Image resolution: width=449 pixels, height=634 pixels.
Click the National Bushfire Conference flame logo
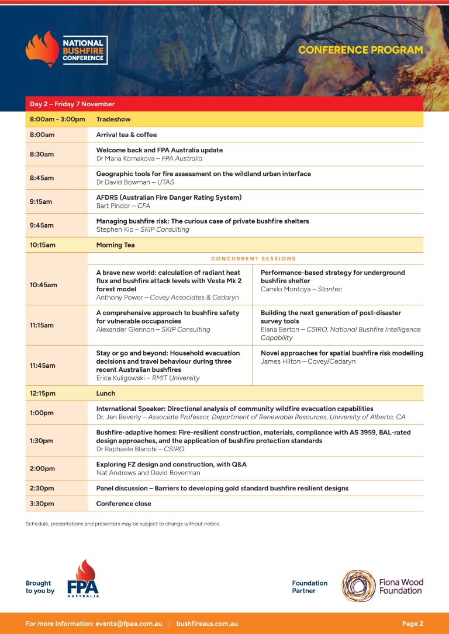pyautogui.click(x=42, y=49)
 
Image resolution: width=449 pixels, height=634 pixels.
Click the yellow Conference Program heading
pyautogui.click(x=360, y=50)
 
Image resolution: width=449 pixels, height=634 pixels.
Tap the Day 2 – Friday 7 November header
pyautogui.click(x=72, y=104)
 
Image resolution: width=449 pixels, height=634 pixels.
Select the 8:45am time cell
pyautogui.click(x=42, y=177)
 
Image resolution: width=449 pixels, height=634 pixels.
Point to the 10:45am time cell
pyautogui.click(x=44, y=285)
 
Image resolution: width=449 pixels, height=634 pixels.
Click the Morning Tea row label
pyautogui.click(x=115, y=245)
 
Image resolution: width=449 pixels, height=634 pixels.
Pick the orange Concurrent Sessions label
pyautogui.click(x=253, y=259)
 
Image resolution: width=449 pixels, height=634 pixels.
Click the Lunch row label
pyautogui.click(x=106, y=393)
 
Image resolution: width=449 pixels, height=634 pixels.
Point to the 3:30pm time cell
pyautogui.click(x=42, y=503)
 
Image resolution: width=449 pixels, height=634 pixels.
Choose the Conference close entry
pyautogui.click(x=123, y=503)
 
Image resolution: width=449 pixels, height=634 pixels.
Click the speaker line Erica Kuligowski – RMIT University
pyautogui.click(x=148, y=378)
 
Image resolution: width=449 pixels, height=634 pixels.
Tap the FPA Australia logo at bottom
pyautogui.click(x=83, y=579)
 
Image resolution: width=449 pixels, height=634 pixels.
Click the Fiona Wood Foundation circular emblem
pyautogui.click(x=359, y=586)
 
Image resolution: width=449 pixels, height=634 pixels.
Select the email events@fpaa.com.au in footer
pyautogui.click(x=129, y=623)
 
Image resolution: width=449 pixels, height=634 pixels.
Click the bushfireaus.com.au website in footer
pyautogui.click(x=207, y=623)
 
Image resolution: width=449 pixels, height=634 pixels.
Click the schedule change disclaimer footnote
pyautogui.click(x=123, y=524)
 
